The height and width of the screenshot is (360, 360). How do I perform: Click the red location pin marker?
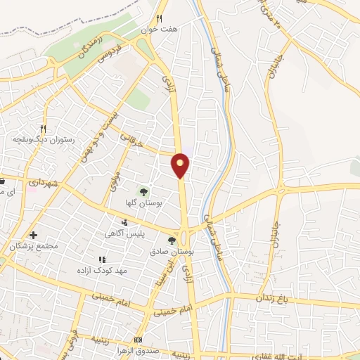[x=181, y=164]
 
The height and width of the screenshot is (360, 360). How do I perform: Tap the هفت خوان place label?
[x=157, y=30]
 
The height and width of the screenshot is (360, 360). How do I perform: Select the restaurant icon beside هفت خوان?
[x=160, y=18]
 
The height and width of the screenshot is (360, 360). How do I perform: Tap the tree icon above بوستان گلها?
[x=143, y=191]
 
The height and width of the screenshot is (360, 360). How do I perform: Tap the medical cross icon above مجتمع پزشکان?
[x=33, y=235]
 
